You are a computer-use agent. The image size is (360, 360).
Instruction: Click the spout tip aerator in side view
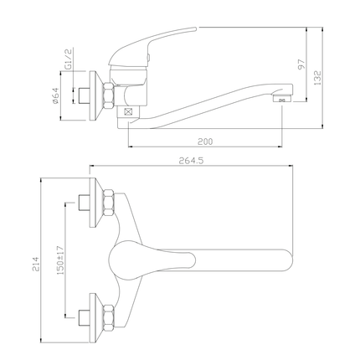pyautogui.click(x=281, y=100)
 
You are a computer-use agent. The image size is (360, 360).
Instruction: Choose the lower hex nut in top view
pyautogui.click(x=108, y=317)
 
